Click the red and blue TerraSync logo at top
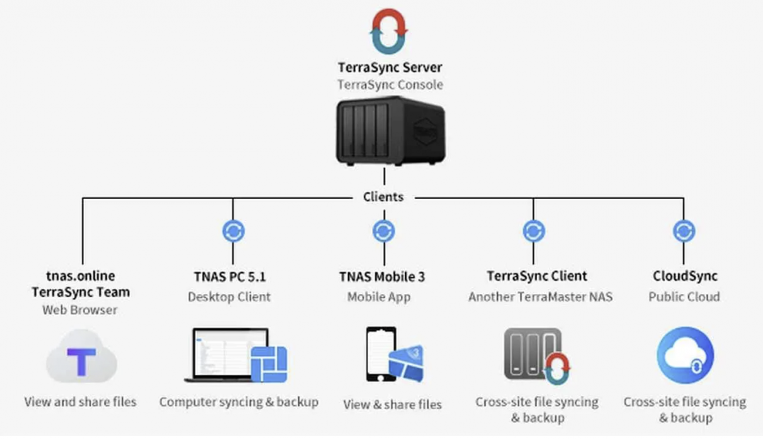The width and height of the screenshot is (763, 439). click(x=388, y=31)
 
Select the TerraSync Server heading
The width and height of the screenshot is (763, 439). click(x=390, y=67)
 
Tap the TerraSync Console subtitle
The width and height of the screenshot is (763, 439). click(x=390, y=85)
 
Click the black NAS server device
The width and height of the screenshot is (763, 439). click(x=390, y=131)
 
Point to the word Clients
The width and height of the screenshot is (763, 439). click(x=383, y=197)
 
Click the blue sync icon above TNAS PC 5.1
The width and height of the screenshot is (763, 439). click(x=233, y=231)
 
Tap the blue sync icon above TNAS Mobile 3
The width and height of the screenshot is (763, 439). click(x=384, y=231)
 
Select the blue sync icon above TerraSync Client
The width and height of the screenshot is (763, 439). click(x=533, y=231)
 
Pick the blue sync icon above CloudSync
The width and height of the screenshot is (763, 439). click(x=684, y=231)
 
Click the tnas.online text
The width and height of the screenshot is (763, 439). click(x=81, y=275)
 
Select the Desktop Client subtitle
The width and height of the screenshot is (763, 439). click(x=230, y=297)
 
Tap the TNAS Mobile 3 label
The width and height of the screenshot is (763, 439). click(x=382, y=277)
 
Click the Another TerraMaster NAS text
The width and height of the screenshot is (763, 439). click(x=540, y=297)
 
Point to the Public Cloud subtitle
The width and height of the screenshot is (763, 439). click(x=684, y=297)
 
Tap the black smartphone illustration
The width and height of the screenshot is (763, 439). click(x=381, y=354)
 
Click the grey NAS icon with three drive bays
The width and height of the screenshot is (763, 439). click(x=533, y=354)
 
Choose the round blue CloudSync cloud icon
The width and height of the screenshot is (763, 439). click(x=685, y=355)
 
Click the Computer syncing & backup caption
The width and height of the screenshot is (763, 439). click(x=239, y=402)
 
